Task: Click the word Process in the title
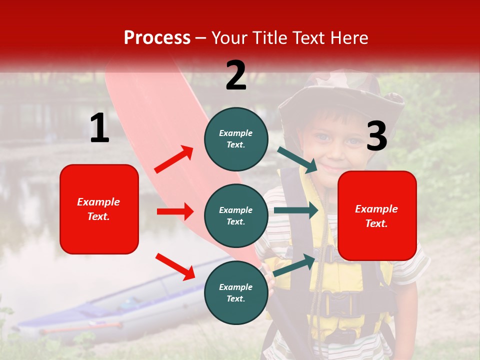[157, 38]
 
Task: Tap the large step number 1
[99, 128]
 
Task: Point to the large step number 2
[236, 75]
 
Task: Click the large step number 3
[376, 136]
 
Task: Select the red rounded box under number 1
[99, 209]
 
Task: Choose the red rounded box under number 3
[377, 216]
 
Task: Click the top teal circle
[236, 139]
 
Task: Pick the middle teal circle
[236, 215]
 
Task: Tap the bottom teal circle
[236, 292]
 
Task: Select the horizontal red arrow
[175, 211]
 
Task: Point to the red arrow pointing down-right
[175, 266]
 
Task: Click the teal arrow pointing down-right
[298, 159]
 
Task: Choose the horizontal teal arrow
[296, 210]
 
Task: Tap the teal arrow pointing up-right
[295, 265]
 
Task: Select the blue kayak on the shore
[125, 305]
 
